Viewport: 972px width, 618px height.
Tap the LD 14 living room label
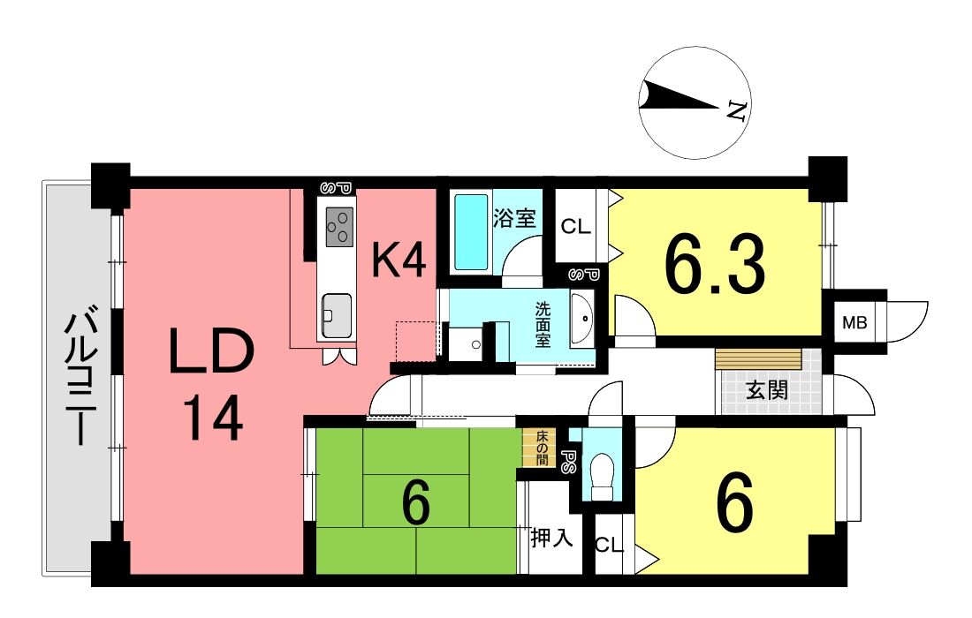[x=212, y=384]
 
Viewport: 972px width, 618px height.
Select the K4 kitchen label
[x=399, y=260]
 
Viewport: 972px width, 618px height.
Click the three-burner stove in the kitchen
[x=339, y=227]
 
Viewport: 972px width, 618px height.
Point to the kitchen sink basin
[x=337, y=315]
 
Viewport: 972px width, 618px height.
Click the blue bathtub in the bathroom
[x=471, y=232]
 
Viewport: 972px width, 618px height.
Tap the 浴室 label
[x=514, y=218]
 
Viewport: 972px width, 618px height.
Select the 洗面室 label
[x=543, y=325]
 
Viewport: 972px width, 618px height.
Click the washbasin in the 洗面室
[x=581, y=319]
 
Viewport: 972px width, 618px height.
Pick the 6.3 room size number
[x=714, y=267]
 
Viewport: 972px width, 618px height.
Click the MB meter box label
[x=854, y=322]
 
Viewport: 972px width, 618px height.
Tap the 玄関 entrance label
[x=767, y=390]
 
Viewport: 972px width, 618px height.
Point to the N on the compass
[x=736, y=110]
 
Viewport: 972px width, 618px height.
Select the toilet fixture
[x=601, y=476]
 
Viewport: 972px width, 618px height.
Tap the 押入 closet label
[x=551, y=538]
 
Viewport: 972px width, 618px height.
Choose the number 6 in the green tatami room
[x=416, y=502]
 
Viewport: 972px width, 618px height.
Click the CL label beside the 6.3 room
[x=575, y=227]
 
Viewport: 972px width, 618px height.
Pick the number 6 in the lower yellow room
[x=735, y=502]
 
